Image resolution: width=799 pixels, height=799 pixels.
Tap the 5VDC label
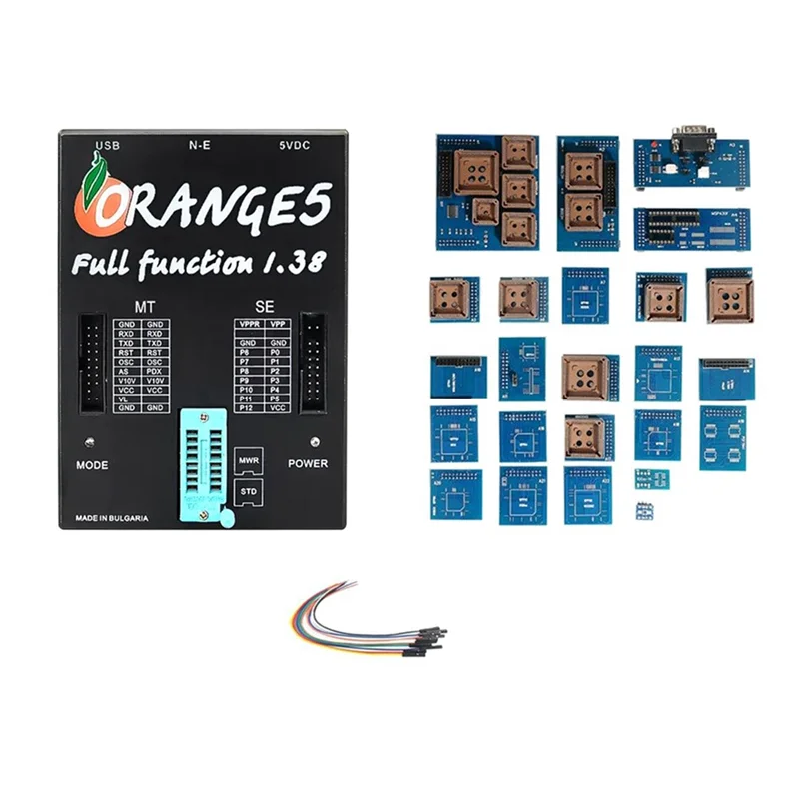click(296, 145)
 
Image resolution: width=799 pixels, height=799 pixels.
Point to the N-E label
click(200, 145)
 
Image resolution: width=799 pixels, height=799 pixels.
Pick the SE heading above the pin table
click(264, 305)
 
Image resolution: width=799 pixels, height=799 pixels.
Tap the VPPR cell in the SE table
click(249, 325)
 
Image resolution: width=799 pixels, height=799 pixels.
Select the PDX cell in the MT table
click(155, 369)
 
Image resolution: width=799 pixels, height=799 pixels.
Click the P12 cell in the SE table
click(249, 409)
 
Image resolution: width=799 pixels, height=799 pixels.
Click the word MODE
click(92, 465)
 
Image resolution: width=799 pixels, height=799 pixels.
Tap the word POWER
click(308, 464)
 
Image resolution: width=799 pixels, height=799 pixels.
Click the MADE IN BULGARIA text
click(113, 518)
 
